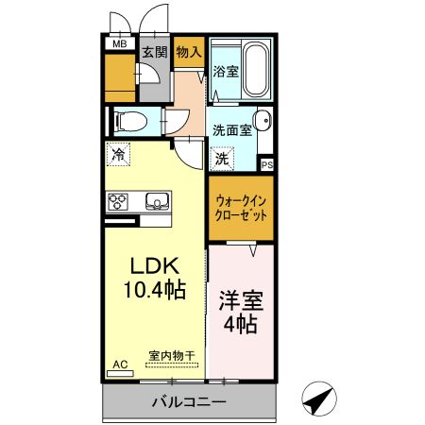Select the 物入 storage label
(189, 53)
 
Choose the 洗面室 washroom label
(231, 130)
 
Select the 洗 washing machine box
(221, 160)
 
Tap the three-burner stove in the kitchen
(120, 200)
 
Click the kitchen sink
(155, 200)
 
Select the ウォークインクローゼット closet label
(241, 206)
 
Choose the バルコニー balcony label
(190, 403)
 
